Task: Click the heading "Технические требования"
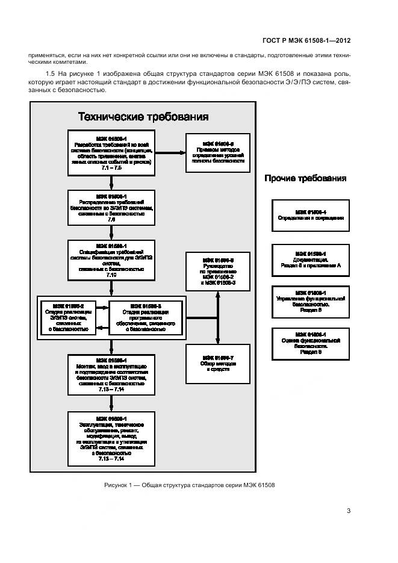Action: point(143,116)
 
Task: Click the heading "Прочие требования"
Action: point(305,178)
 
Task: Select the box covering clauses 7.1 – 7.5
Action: point(111,153)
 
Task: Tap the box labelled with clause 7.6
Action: point(111,208)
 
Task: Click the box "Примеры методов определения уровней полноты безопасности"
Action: point(218,153)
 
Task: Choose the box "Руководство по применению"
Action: point(218,270)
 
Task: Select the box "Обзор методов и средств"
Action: point(218,364)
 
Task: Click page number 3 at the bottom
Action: point(349,511)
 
